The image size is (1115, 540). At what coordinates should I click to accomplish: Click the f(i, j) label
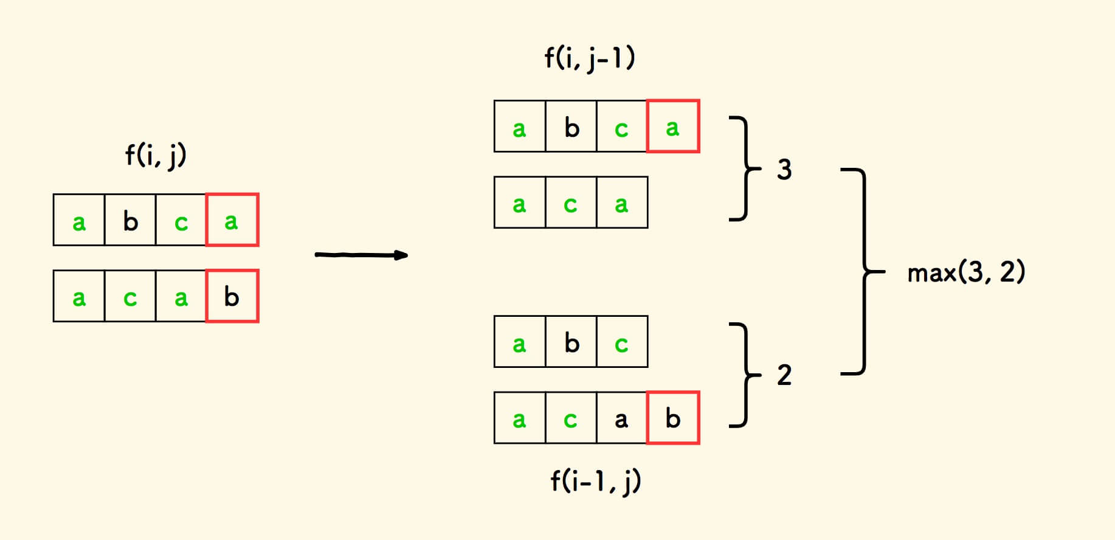156,155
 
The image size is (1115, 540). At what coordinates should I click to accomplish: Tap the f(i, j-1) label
589,59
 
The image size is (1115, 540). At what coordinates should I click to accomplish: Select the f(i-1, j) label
595,482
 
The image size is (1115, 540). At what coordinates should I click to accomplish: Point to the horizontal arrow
361,255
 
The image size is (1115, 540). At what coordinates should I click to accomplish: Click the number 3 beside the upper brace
784,170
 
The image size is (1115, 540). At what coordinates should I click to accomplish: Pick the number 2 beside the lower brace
784,375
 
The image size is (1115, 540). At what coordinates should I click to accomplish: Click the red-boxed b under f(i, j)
232,296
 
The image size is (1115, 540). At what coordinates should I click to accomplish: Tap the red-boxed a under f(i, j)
232,220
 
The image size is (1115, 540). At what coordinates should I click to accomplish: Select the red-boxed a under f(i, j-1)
673,126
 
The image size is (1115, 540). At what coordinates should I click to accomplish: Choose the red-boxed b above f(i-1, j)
673,418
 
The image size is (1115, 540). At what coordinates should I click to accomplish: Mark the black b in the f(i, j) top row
130,221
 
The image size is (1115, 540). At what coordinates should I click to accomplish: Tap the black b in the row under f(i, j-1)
571,127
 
